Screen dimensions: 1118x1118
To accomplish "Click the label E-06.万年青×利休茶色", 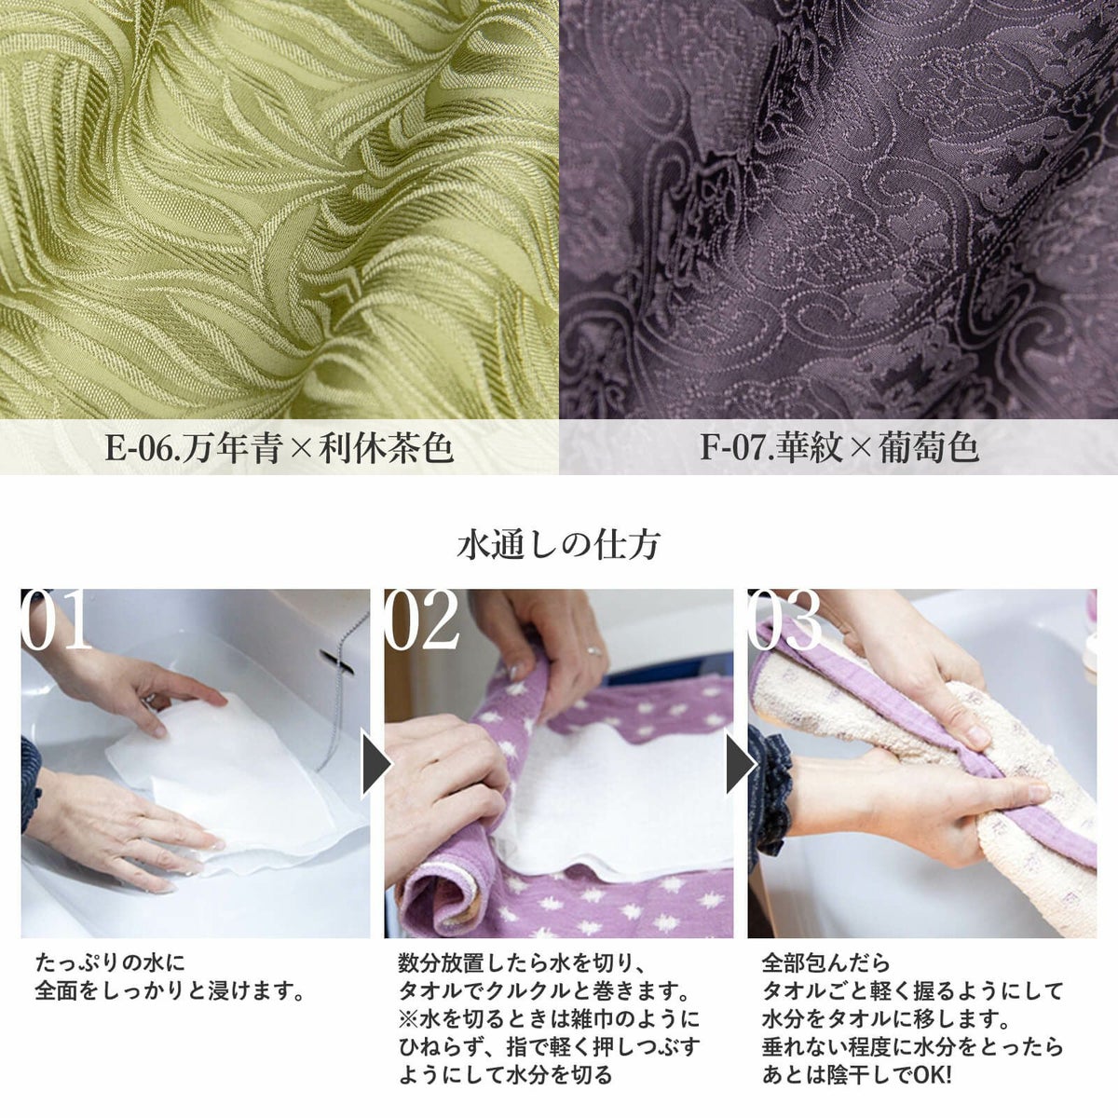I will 279,448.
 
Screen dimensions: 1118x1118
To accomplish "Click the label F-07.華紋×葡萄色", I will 838,448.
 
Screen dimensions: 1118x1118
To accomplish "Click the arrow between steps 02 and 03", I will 736,764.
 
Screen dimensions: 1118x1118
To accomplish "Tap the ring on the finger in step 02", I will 590,650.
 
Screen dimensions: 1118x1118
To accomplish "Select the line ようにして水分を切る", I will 505,1074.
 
